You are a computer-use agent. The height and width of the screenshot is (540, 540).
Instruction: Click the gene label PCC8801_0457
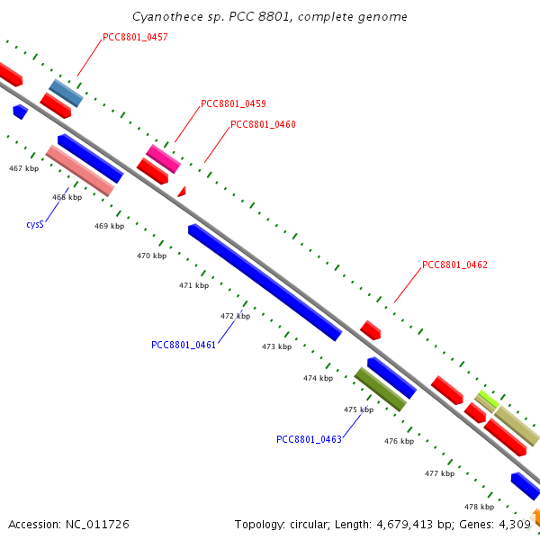[x=135, y=38]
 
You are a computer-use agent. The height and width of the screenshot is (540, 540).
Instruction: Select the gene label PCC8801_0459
[x=233, y=103]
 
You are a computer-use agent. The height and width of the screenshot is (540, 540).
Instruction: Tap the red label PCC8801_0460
[x=263, y=125]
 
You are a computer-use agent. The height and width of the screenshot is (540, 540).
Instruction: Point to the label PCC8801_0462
[x=454, y=265]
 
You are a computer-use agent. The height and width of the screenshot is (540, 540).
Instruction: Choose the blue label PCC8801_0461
[x=184, y=345]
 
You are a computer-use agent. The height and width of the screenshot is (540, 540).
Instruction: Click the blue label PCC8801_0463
[x=309, y=440]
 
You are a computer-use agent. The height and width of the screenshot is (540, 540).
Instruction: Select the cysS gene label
[x=36, y=224]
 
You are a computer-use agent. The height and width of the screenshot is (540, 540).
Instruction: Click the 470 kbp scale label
[x=151, y=256]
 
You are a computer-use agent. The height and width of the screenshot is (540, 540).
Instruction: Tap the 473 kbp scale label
[x=276, y=346]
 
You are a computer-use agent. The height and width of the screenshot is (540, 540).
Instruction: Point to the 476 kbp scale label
[x=399, y=442]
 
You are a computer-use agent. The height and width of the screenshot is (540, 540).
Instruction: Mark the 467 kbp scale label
[x=23, y=168]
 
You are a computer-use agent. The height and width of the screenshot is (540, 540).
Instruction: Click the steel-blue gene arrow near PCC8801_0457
[x=66, y=93]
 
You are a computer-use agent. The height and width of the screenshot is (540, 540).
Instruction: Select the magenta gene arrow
[x=164, y=158]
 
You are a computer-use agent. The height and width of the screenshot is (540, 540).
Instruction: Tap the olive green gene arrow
[x=380, y=389]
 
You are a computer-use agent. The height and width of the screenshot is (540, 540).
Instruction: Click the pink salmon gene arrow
[x=79, y=170]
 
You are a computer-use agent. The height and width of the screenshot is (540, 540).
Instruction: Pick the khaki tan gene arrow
[x=517, y=426]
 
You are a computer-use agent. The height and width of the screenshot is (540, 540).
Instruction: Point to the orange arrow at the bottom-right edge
[x=535, y=517]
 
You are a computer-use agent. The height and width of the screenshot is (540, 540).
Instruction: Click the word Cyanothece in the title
[x=165, y=17]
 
